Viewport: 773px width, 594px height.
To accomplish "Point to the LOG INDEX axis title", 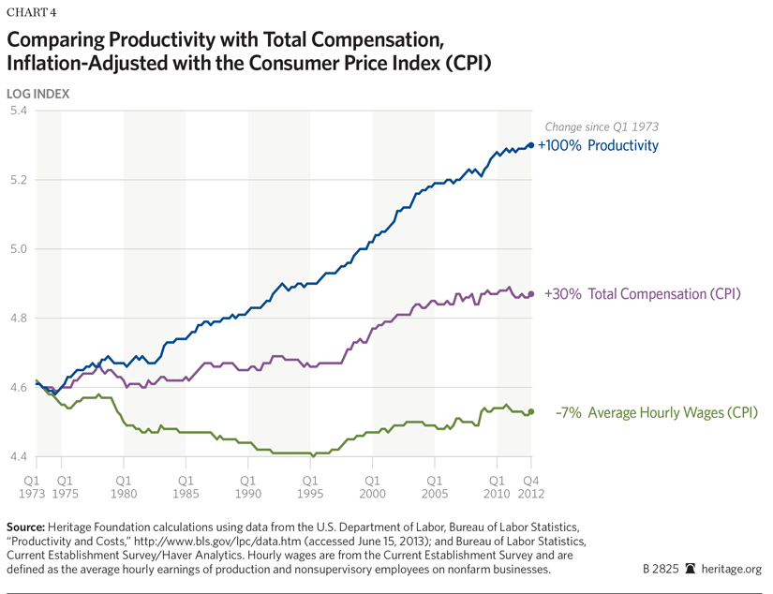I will (38, 93).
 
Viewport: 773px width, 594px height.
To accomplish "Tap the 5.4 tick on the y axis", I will (18, 111).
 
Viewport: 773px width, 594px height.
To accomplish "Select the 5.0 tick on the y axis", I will (18, 249).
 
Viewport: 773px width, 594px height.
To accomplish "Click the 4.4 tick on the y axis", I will (18, 457).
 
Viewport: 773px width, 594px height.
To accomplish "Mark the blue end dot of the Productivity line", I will (531, 145).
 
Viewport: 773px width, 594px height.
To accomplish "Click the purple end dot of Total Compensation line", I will (531, 294).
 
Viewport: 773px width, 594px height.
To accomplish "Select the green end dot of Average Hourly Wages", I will (531, 411).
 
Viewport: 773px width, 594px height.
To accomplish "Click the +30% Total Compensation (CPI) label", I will (642, 294).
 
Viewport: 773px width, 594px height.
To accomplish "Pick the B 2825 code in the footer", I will (662, 569).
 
